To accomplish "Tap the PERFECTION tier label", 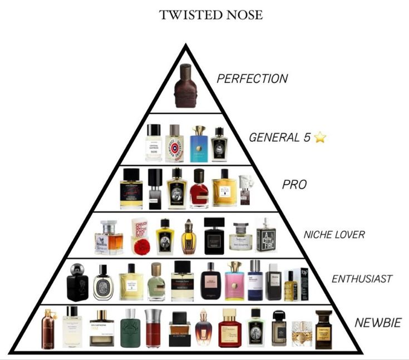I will pyautogui.click(x=252, y=78).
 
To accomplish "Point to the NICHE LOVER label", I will pyautogui.click(x=334, y=234).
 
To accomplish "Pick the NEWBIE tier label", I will pyautogui.click(x=377, y=323).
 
